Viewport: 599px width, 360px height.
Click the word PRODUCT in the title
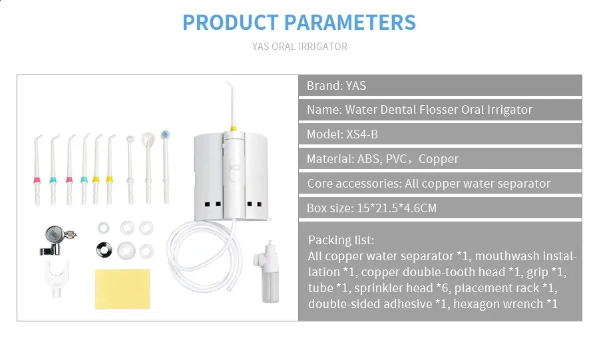tap(230, 22)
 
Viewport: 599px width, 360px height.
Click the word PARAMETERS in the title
tap(350, 22)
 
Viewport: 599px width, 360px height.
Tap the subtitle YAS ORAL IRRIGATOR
tap(299, 47)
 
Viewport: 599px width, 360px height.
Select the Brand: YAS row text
tap(336, 86)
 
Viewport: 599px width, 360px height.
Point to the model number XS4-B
tap(362, 134)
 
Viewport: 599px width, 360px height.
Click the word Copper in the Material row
tap(438, 159)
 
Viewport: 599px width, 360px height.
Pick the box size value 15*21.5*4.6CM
tap(397, 208)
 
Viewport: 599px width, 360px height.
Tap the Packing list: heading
tap(341, 240)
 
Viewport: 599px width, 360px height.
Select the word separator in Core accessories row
tap(524, 184)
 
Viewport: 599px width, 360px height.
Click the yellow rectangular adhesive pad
tap(122, 289)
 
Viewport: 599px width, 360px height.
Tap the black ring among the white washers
tap(104, 250)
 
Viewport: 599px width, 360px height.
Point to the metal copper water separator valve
tap(57, 240)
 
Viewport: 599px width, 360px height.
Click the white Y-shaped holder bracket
tap(57, 278)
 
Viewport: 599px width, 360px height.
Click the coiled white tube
tap(204, 256)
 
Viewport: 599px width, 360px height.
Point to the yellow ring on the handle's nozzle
tap(233, 128)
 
